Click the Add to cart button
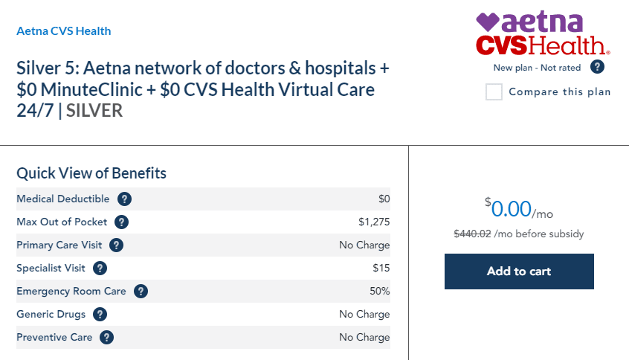(519, 271)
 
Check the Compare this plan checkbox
(494, 92)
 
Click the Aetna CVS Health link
(64, 31)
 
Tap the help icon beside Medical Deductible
(125, 199)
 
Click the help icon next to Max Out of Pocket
(122, 222)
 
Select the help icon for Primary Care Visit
(116, 245)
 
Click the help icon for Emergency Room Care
(141, 291)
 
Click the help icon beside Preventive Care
(107, 337)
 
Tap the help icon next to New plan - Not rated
(597, 67)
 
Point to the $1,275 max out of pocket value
(374, 222)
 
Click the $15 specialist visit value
(381, 268)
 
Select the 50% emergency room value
(379, 291)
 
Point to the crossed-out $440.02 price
(472, 234)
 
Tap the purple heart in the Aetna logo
(488, 22)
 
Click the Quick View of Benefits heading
(91, 173)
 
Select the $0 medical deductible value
(384, 199)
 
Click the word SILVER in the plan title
(94, 111)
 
